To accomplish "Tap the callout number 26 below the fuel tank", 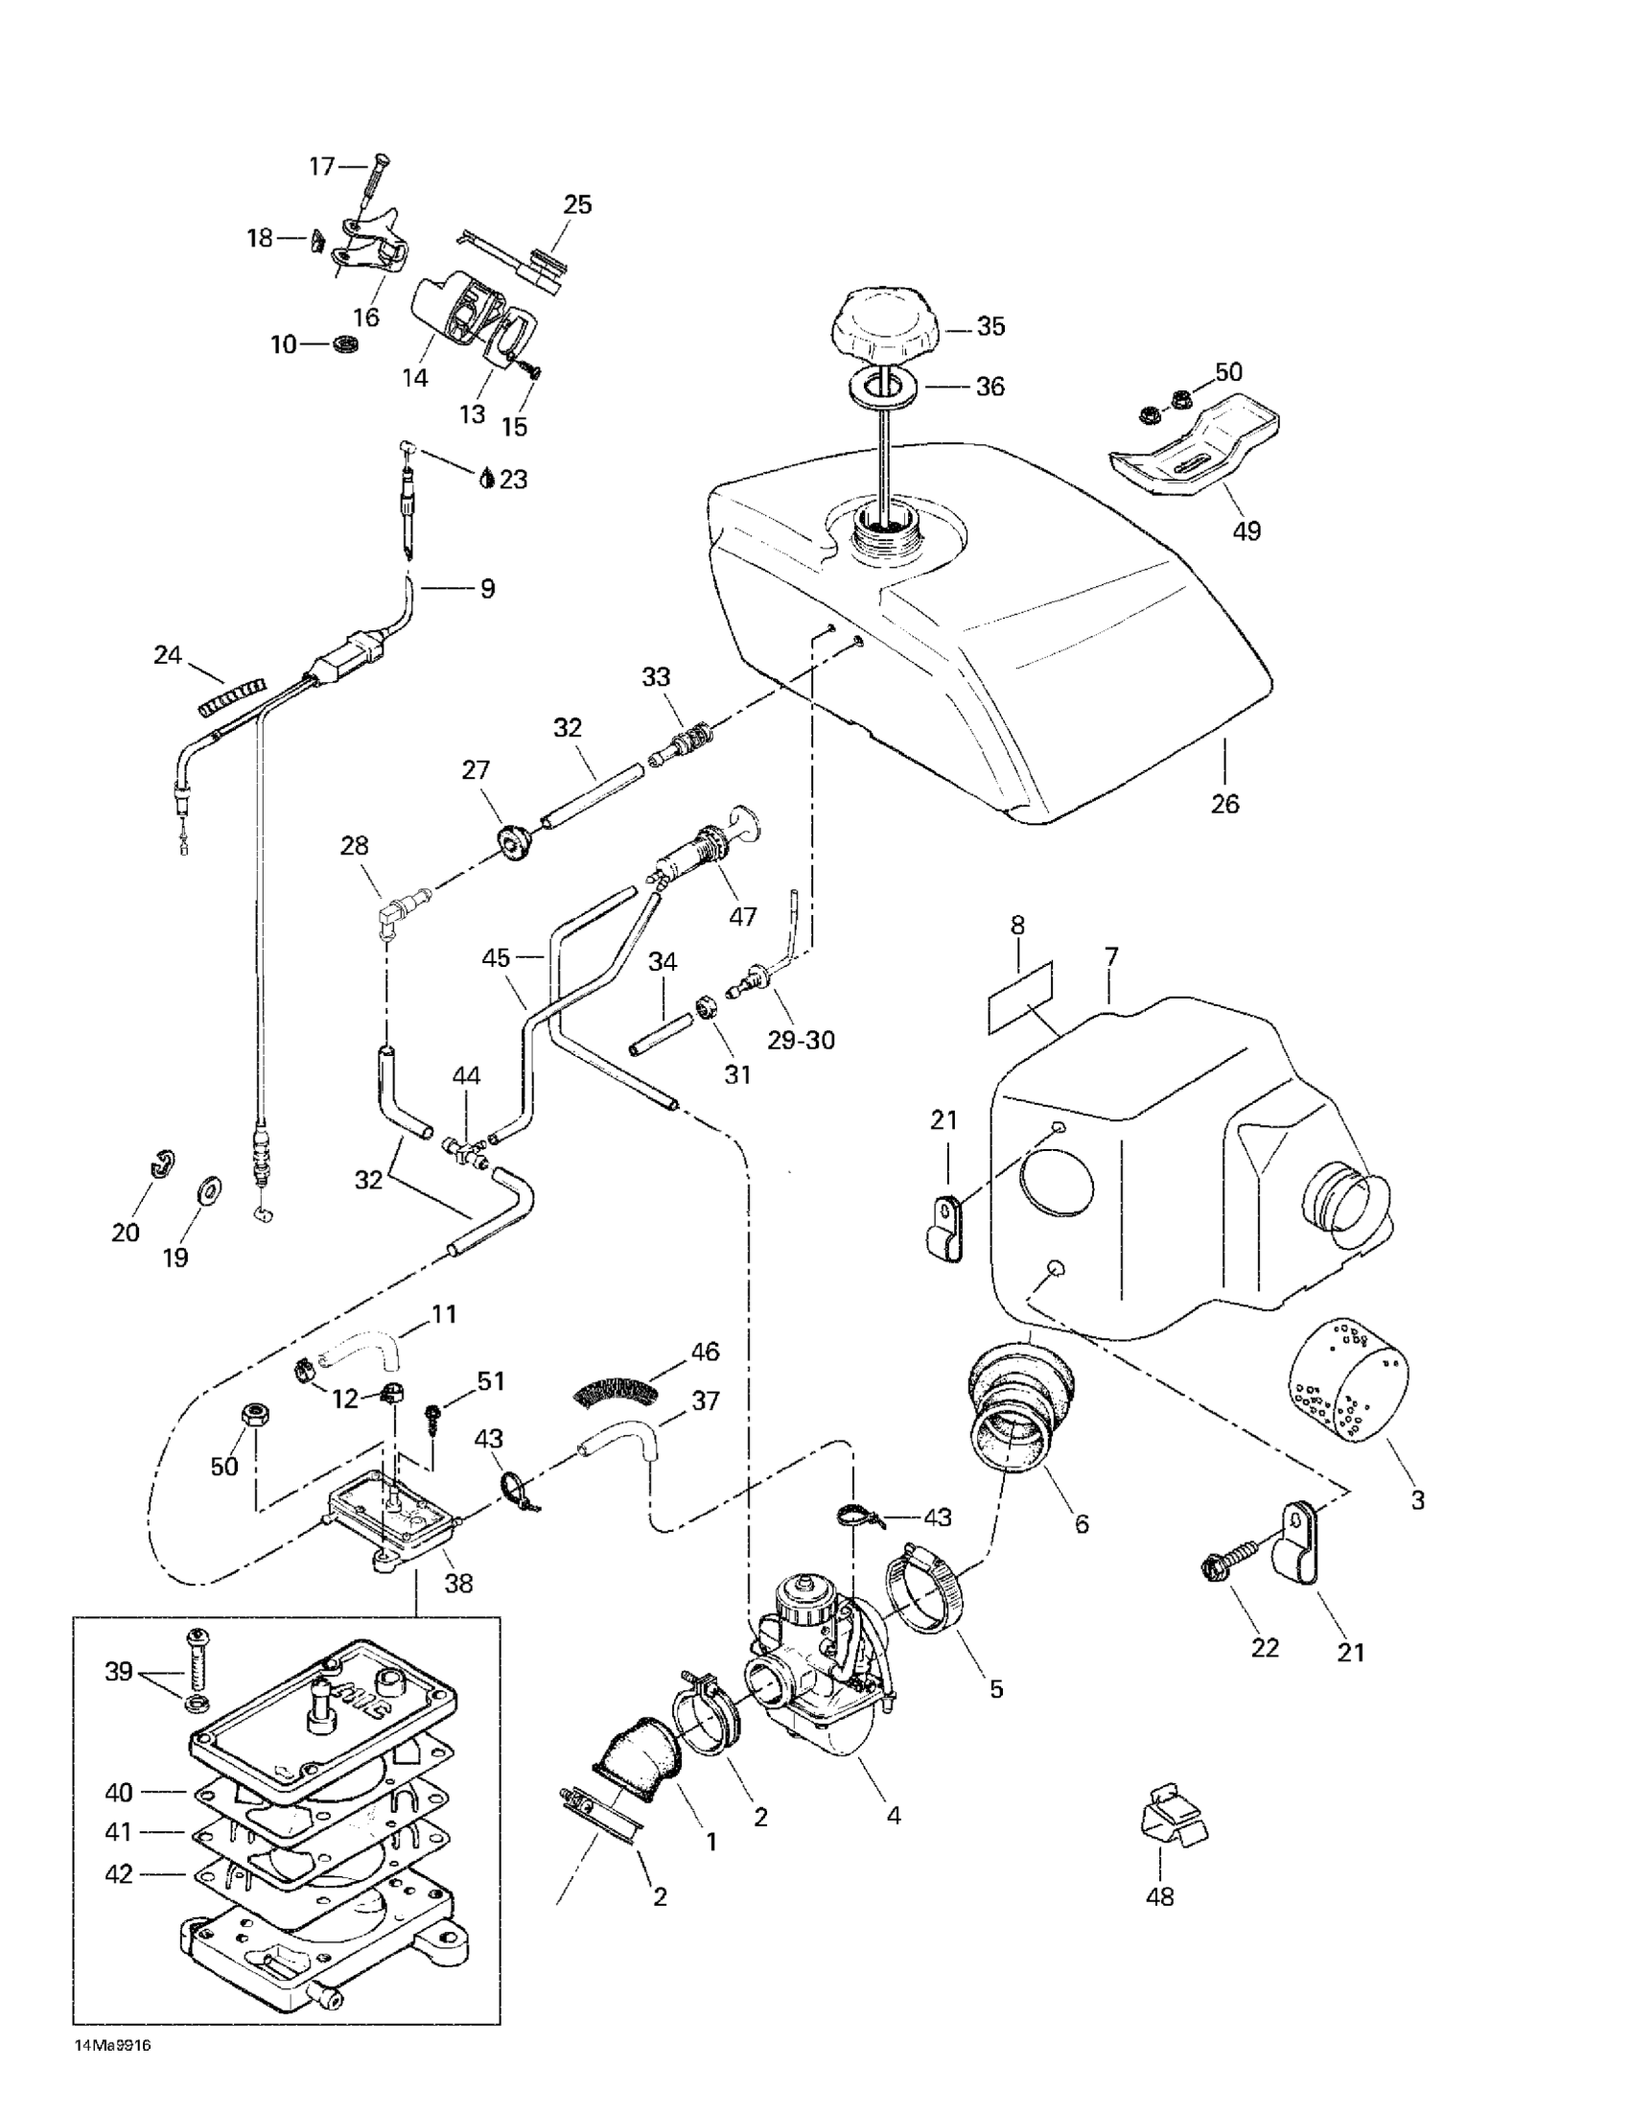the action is (x=1224, y=803).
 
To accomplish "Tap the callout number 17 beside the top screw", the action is (x=321, y=167).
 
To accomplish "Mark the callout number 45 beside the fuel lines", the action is (x=496, y=958).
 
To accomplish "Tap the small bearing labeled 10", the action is (x=346, y=344).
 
